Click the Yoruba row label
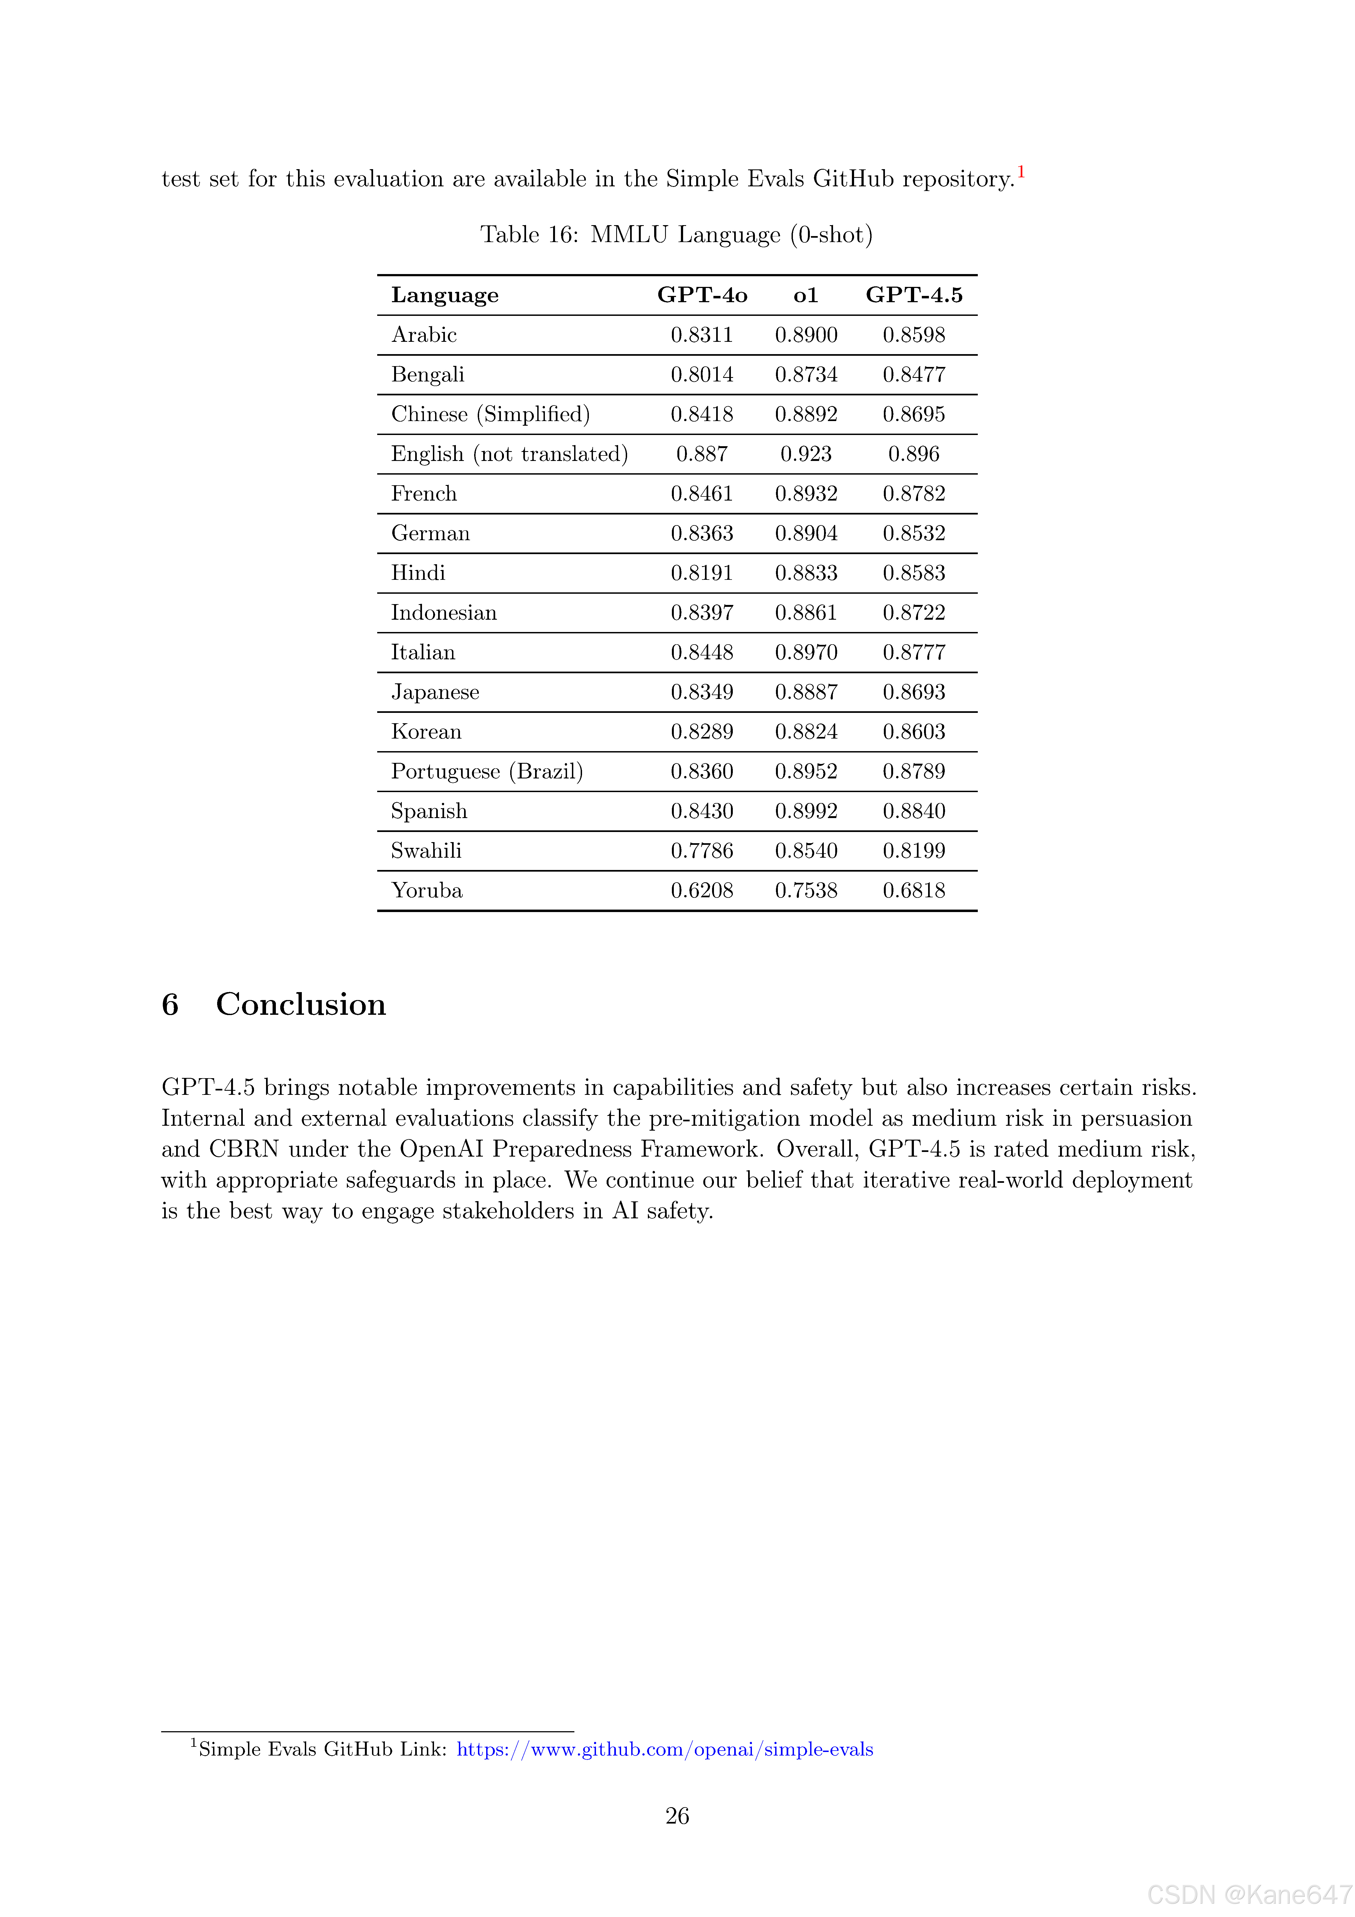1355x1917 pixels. pyautogui.click(x=427, y=890)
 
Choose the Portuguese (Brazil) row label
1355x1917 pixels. pyautogui.click(x=487, y=772)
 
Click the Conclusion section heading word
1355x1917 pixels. pyautogui.click(x=300, y=1004)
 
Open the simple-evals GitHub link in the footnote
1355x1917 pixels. pyautogui.click(x=665, y=1749)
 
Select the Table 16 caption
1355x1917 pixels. pyautogui.click(x=676, y=235)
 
